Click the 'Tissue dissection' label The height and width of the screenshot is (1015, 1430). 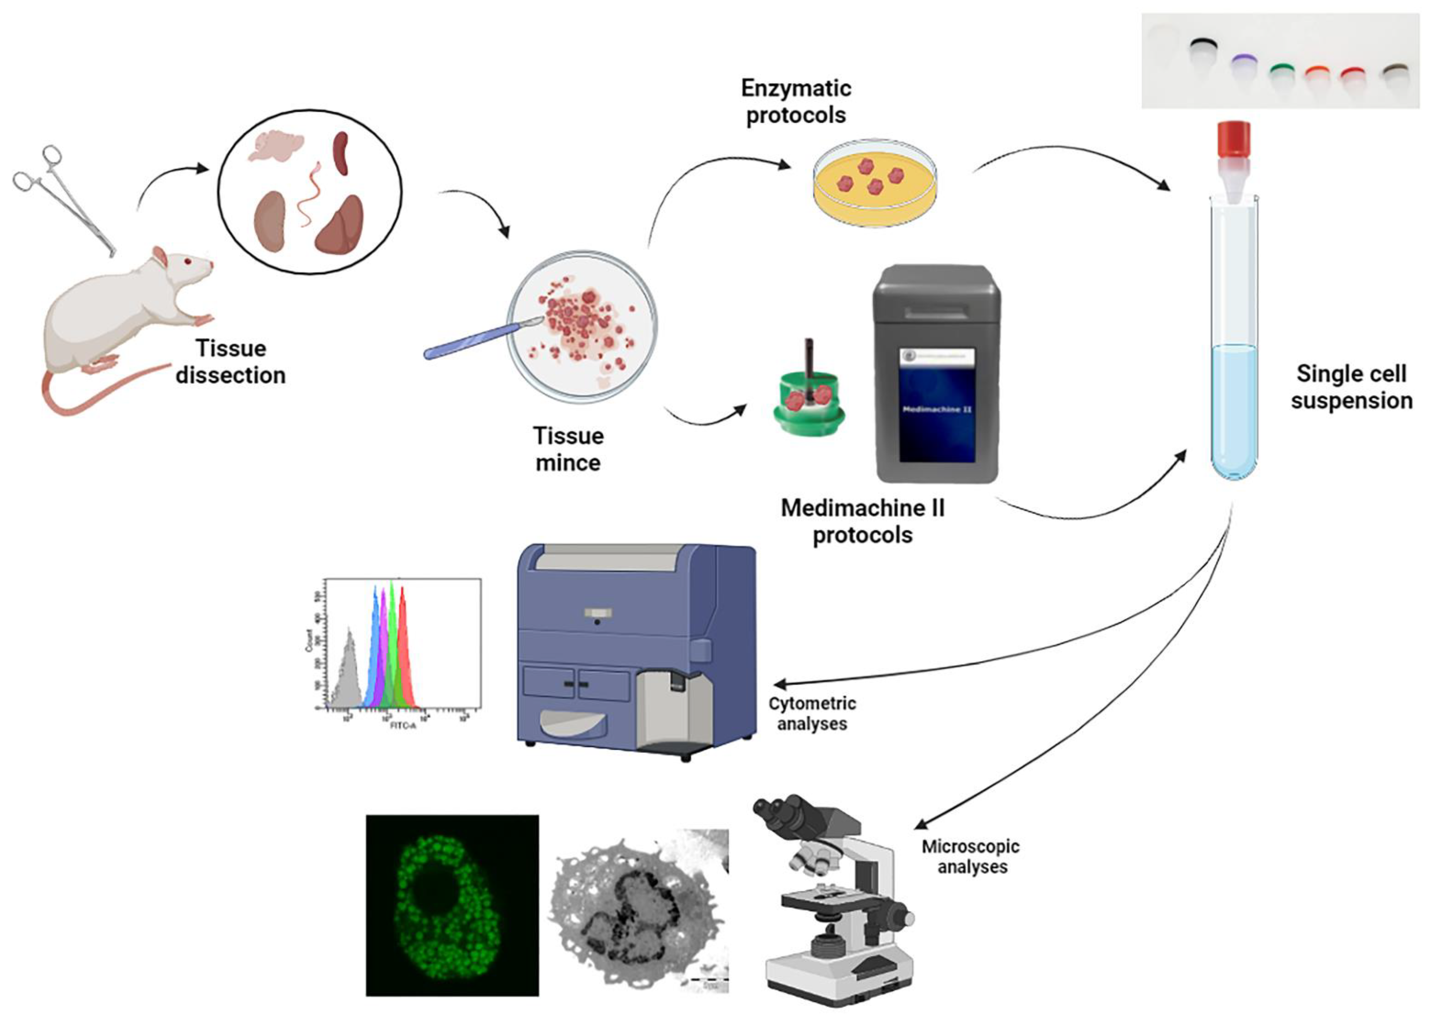tap(230, 362)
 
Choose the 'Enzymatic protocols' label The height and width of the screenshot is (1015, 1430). tap(796, 101)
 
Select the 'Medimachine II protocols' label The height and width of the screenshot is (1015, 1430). tap(862, 521)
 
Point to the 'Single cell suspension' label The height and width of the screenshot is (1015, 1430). tap(1351, 387)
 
